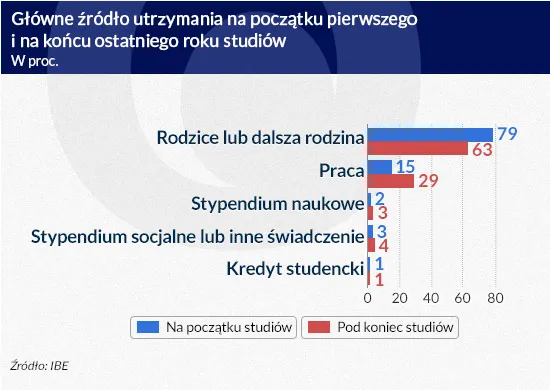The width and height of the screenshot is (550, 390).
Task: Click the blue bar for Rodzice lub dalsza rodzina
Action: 430,134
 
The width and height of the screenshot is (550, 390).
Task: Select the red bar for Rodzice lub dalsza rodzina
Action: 418,149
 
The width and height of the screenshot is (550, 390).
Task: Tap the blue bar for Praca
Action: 380,166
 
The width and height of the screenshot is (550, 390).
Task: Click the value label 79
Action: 507,134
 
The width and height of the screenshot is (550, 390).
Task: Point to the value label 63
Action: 482,150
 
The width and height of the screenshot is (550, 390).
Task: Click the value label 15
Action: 405,166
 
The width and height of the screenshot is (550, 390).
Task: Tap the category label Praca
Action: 340,171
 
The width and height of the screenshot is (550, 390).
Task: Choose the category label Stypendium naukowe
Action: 276,204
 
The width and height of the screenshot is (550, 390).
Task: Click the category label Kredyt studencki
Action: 293,268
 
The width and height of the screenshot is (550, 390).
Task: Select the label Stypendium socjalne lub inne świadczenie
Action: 196,236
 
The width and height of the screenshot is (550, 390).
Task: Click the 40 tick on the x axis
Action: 431,298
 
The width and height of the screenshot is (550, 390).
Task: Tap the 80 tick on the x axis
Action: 494,298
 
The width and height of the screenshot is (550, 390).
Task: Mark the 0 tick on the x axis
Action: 368,298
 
